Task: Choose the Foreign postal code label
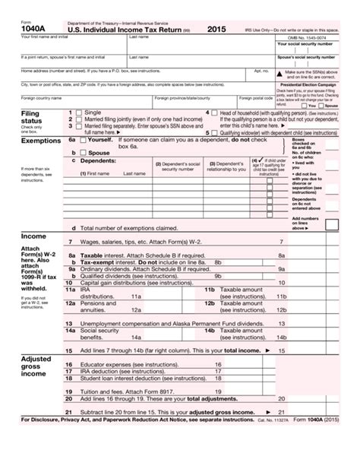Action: pyautogui.click(x=256, y=98)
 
